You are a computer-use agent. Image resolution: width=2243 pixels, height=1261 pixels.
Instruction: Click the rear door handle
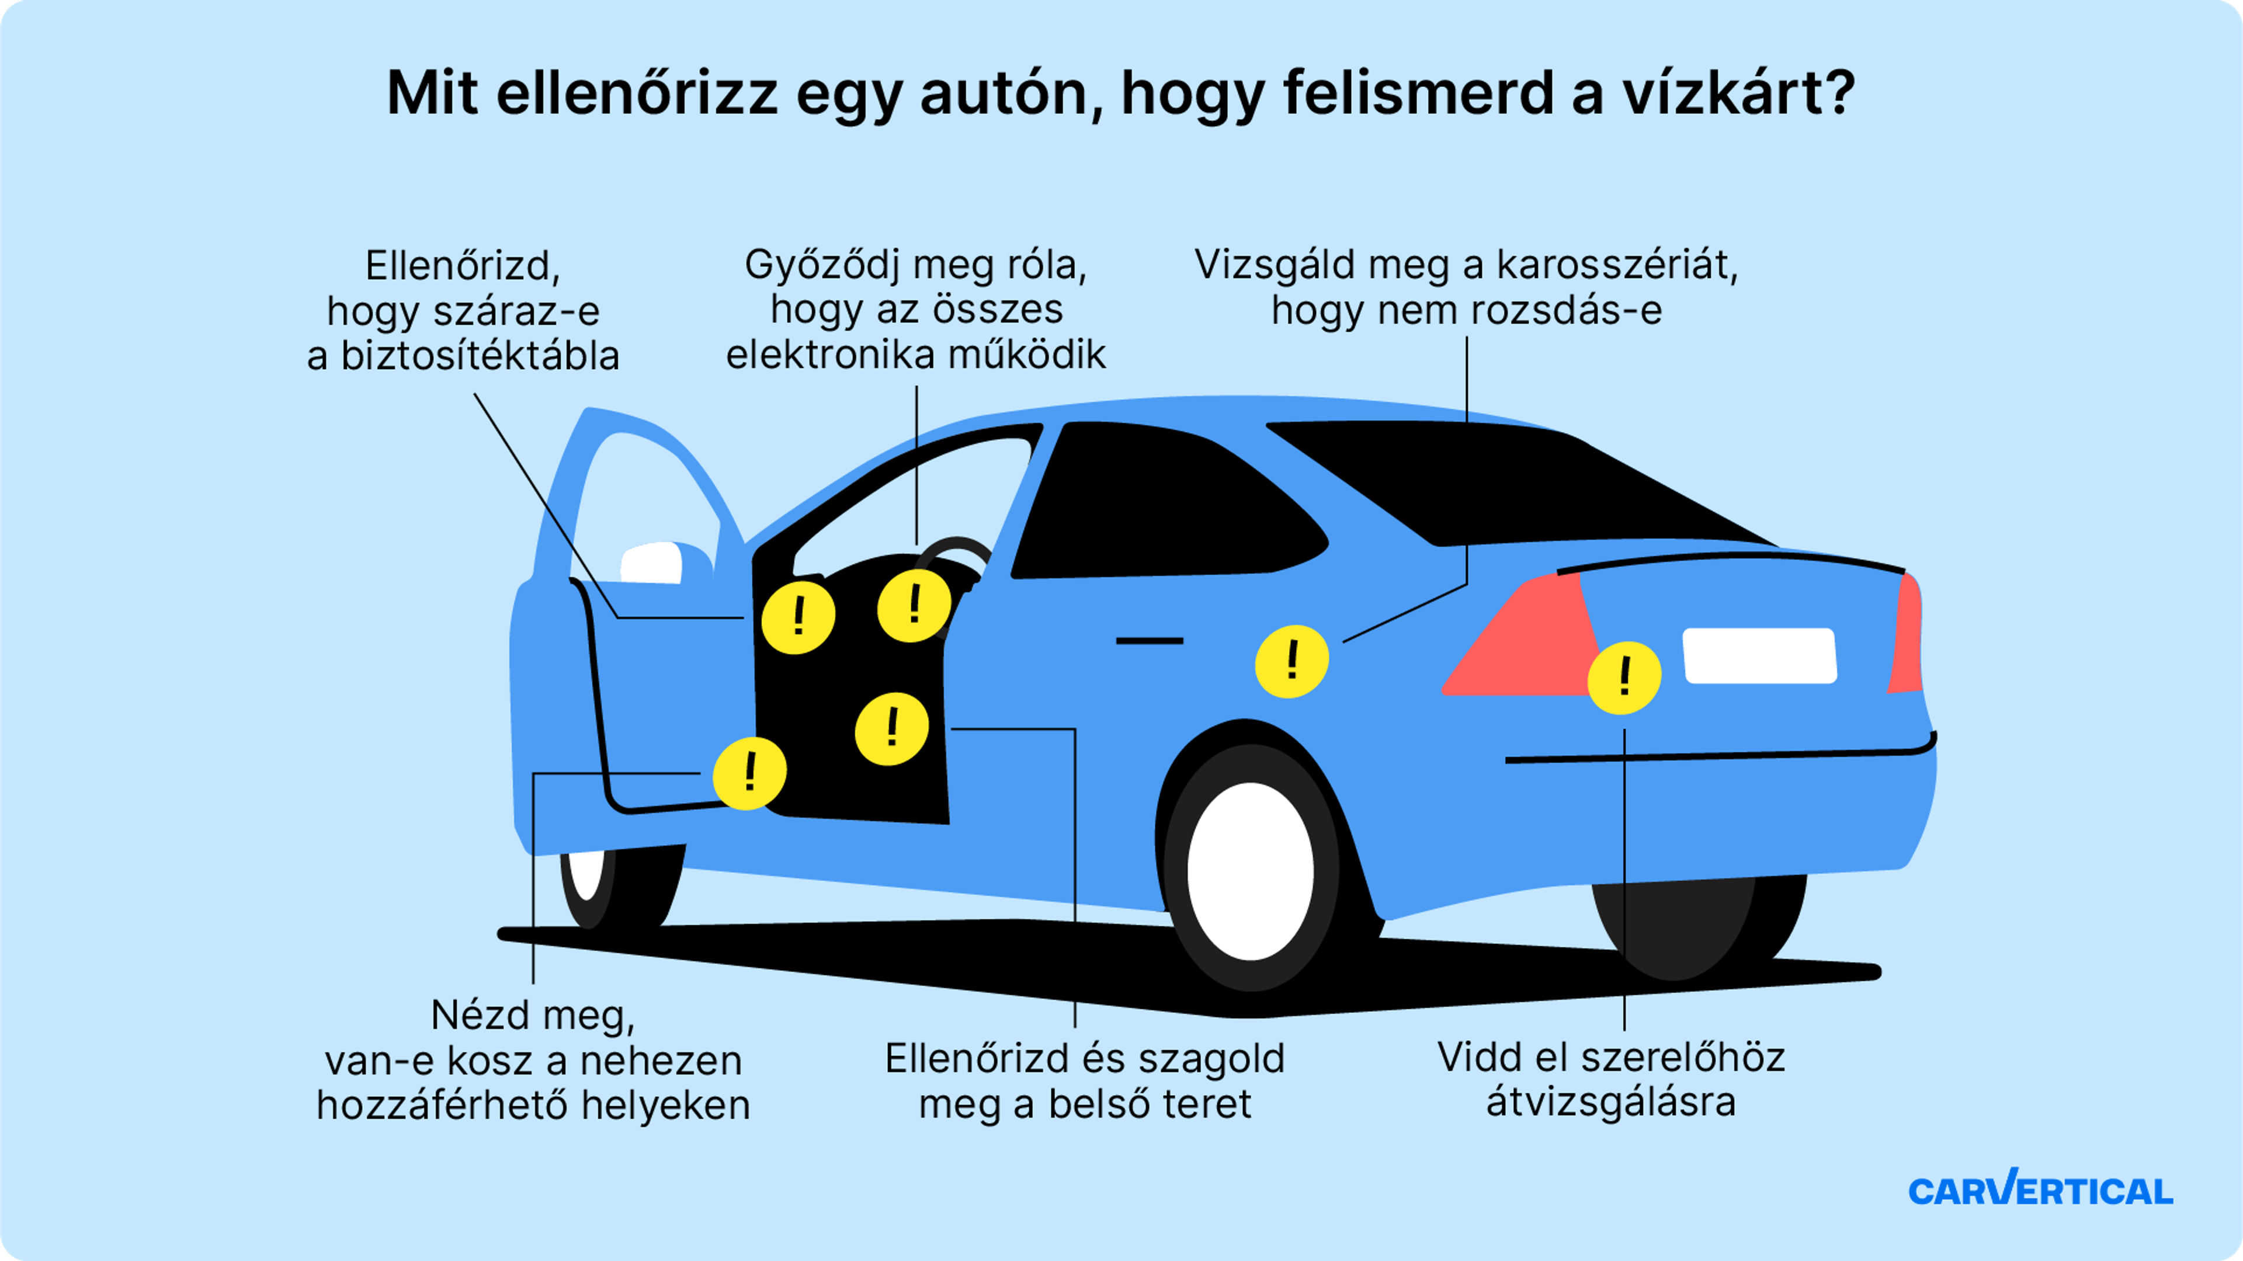pos(1150,641)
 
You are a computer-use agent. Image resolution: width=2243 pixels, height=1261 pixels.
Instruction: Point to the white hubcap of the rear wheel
pos(1251,871)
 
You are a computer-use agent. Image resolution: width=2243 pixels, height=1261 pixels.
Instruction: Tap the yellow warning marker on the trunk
pos(1624,678)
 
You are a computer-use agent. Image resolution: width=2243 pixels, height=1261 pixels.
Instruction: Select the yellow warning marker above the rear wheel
pos(1291,661)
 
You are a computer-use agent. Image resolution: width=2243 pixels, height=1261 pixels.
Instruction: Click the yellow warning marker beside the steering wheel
pos(914,605)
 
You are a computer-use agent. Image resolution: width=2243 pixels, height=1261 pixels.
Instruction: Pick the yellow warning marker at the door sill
pos(749,773)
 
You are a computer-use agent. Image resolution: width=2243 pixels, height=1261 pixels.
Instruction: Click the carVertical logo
pos(2040,1190)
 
